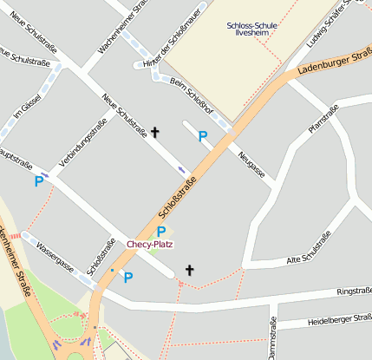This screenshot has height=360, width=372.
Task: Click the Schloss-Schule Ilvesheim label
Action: click(x=252, y=30)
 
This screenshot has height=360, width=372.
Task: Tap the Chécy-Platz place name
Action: click(x=150, y=245)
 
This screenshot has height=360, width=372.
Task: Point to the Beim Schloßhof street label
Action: click(x=191, y=92)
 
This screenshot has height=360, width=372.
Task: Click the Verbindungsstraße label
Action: click(x=82, y=143)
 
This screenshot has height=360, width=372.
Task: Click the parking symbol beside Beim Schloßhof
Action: click(x=202, y=136)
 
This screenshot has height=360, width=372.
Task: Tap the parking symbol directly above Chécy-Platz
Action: click(x=160, y=232)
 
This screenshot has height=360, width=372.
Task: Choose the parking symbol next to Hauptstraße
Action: click(x=39, y=181)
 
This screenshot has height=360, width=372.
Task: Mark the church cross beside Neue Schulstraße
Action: click(x=156, y=133)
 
